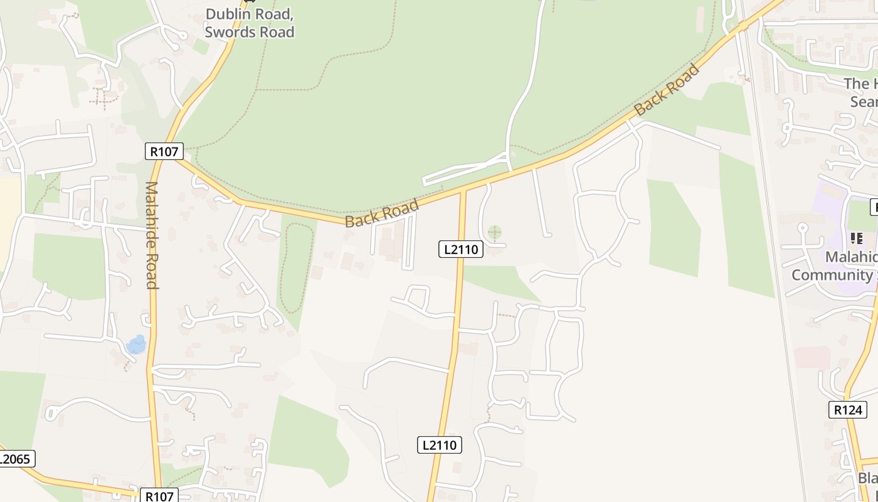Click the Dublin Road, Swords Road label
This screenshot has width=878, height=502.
(250, 23)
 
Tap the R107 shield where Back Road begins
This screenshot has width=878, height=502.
(164, 151)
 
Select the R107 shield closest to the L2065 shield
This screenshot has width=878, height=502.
(159, 496)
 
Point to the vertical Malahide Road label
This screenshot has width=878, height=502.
(151, 235)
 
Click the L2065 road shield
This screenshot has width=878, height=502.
(15, 459)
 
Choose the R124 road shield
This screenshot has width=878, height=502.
(848, 410)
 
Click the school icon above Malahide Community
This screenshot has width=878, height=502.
(856, 238)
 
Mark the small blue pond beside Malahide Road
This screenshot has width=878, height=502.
(136, 344)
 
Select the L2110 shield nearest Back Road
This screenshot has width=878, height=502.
(461, 249)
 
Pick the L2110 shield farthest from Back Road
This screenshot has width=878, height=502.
(440, 445)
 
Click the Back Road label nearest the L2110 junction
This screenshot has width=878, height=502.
(382, 213)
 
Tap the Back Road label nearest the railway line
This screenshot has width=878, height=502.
(667, 89)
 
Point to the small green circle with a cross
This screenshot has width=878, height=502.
(495, 233)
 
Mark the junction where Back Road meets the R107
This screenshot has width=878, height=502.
(179, 159)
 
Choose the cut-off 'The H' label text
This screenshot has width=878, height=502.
(860, 84)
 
